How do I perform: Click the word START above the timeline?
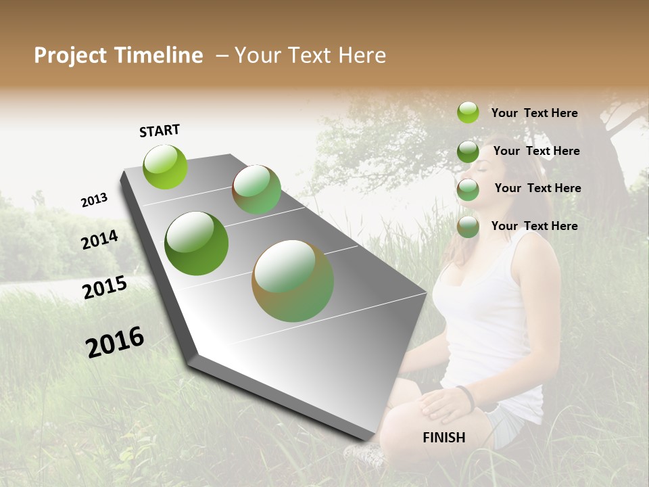(160, 131)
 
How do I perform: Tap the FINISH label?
(444, 438)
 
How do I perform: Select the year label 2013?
(94, 200)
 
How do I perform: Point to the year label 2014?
(100, 240)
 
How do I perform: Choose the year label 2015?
(105, 287)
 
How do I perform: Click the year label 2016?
(115, 342)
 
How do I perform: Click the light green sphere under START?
(165, 166)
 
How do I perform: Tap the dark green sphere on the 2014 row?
(196, 243)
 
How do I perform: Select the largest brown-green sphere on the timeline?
(293, 281)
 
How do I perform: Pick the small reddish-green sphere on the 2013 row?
(256, 189)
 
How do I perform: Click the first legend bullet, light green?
(468, 112)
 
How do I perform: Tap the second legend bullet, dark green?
(468, 152)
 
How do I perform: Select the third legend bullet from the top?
(468, 189)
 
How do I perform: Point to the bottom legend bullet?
(468, 227)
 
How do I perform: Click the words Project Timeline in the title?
(118, 55)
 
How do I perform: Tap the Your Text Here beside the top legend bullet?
(534, 113)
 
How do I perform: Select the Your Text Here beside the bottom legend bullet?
(534, 226)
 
